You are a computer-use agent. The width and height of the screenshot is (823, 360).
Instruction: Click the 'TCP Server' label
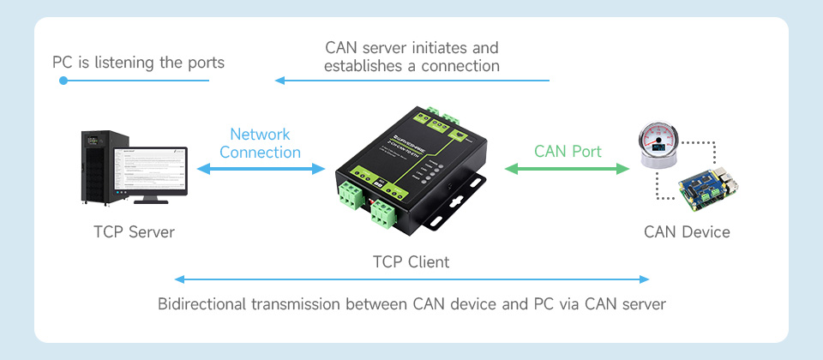point(133,232)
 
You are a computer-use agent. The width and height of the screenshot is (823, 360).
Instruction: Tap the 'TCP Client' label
point(411,261)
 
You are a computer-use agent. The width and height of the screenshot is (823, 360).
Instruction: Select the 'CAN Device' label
point(687,232)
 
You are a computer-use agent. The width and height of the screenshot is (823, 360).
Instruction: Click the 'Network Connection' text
point(261,143)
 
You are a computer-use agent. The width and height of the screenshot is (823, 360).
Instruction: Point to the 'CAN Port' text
point(568,152)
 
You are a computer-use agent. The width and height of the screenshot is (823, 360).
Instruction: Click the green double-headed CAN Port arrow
point(568,170)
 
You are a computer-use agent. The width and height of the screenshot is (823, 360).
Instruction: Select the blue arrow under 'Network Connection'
point(261,170)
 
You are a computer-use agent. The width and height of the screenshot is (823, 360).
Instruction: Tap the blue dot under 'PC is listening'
point(63,81)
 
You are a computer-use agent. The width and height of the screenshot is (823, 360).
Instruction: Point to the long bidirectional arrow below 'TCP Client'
point(411,279)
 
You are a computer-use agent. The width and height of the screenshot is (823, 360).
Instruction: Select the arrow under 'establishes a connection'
point(411,81)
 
